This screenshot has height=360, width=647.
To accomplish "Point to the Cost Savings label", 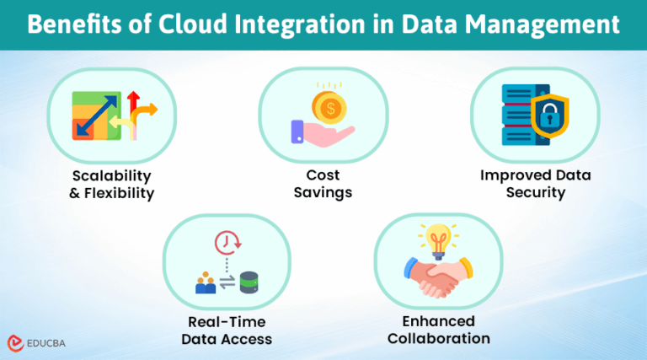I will point(323,184).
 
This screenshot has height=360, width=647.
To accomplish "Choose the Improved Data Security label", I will point(535,184).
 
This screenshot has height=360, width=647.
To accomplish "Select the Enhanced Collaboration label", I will point(439,330).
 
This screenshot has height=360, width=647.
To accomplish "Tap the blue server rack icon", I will point(517,115).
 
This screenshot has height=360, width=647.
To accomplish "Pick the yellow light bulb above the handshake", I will point(439,241).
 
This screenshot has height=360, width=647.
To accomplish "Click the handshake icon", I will point(438,277).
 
